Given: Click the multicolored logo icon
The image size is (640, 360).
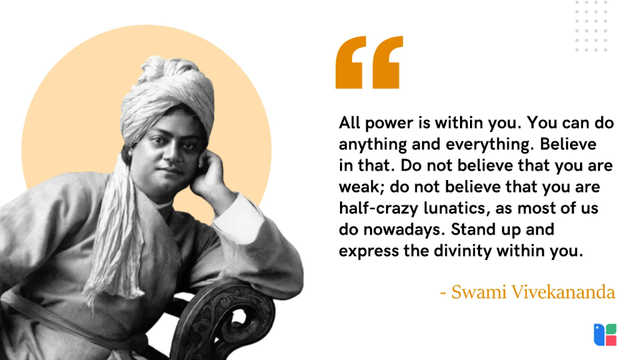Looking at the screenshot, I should [605, 334].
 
